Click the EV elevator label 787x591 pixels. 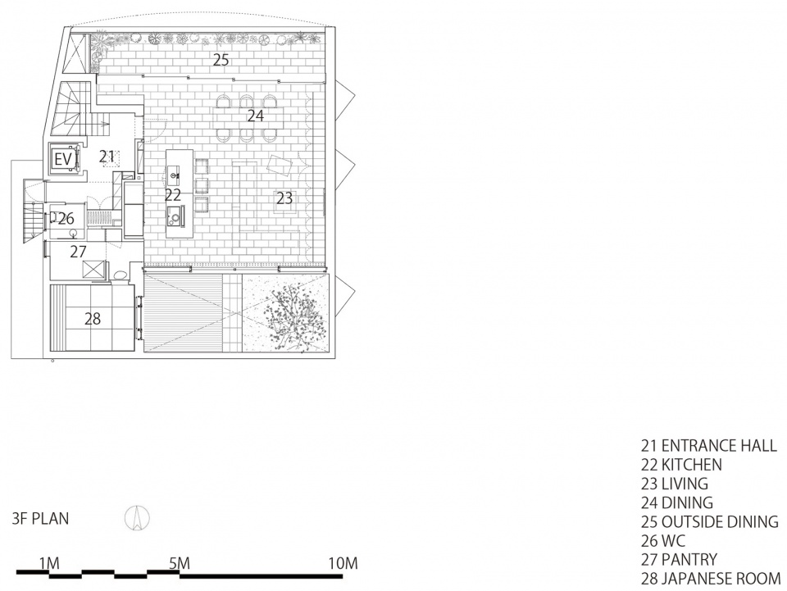coord(63,160)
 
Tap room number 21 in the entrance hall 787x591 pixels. coord(107,157)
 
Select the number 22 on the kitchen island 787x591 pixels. coord(173,195)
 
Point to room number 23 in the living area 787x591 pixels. coord(284,198)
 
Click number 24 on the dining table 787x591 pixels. coord(255,116)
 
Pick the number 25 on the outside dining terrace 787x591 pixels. coord(221,60)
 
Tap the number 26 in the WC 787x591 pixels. coord(66,219)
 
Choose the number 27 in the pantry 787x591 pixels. coord(79,252)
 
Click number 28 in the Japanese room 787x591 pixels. coord(93,319)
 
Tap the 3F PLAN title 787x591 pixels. coord(41,519)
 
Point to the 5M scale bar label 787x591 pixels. coord(179,563)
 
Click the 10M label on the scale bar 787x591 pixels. coord(343,563)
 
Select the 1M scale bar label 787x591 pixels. coord(49,563)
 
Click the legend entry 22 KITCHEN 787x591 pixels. coord(681,465)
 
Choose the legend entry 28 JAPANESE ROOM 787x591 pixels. coord(711,579)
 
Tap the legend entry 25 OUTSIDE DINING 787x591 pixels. coord(710,522)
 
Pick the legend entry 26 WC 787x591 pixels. coord(663,541)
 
